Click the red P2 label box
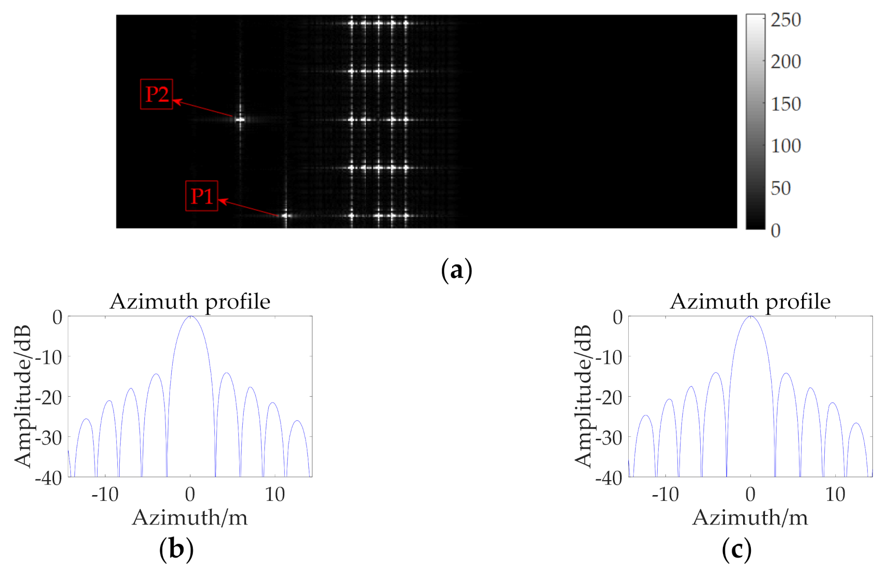[x=156, y=94]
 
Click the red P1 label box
[x=202, y=196]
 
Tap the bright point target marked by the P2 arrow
[x=240, y=119]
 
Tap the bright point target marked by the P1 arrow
[x=286, y=216]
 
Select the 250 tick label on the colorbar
[x=786, y=20]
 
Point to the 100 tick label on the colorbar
[x=786, y=146]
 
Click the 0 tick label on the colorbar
[x=775, y=231]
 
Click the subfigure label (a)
[x=456, y=270]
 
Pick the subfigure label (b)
[x=176, y=549]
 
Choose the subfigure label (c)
[x=736, y=549]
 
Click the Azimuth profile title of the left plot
[x=190, y=302]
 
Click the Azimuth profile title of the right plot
[x=750, y=302]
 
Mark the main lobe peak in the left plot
[x=191, y=317]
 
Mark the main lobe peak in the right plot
[x=751, y=317]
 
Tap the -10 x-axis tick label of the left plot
[x=105, y=495]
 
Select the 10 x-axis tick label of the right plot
[x=835, y=495]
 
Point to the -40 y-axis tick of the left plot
[x=48, y=478]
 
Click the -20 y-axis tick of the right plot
[x=609, y=398]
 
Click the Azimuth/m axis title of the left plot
[x=190, y=518]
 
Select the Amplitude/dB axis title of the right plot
[x=583, y=396]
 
